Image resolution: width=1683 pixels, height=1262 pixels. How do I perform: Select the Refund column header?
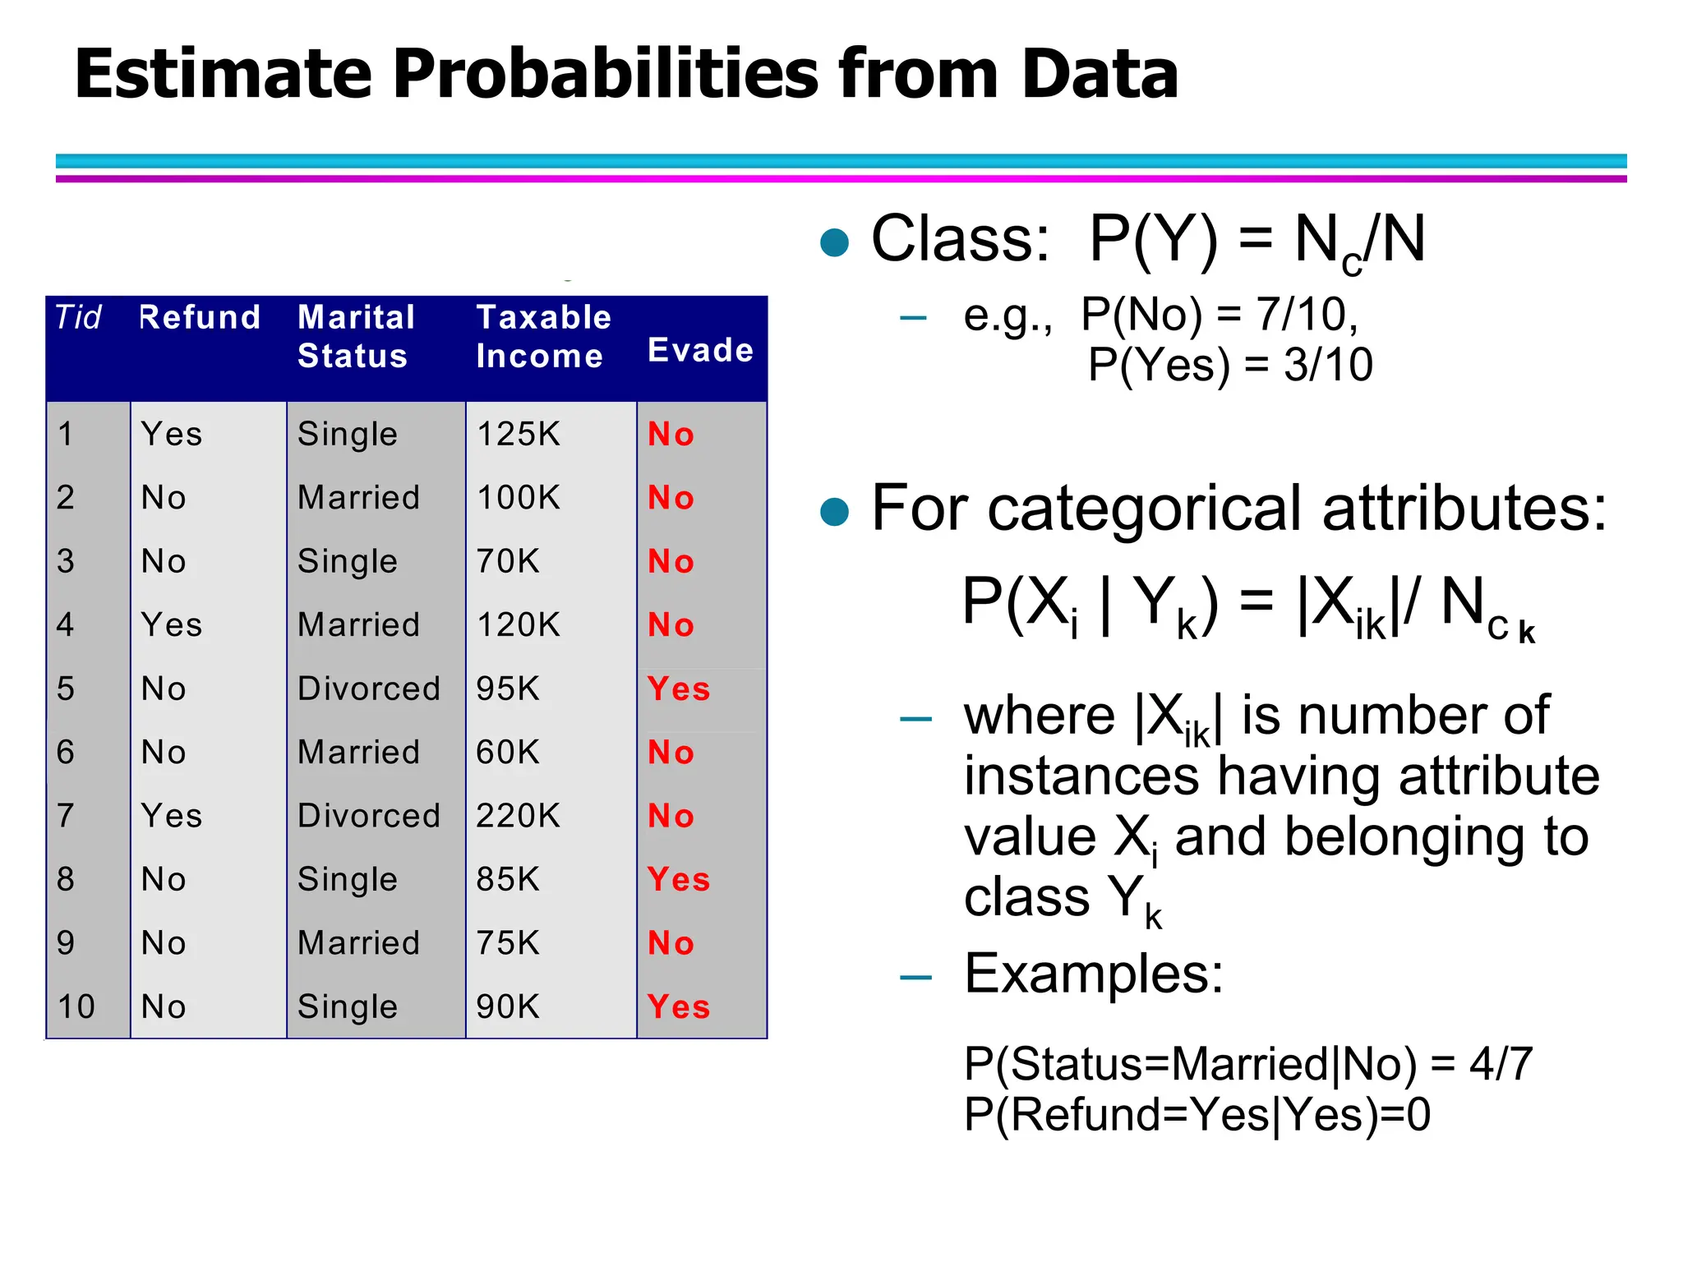pyautogui.click(x=200, y=317)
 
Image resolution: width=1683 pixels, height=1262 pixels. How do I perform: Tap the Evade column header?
pyautogui.click(x=700, y=350)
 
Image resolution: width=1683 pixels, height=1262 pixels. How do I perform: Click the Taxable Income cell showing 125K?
pyautogui.click(x=519, y=434)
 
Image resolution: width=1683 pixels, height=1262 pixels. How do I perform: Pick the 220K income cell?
pyautogui.click(x=519, y=816)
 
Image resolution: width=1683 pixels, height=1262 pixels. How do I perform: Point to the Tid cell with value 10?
pyautogui.click(x=76, y=1006)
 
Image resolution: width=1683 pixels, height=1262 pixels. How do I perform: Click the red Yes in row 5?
pyautogui.click(x=678, y=689)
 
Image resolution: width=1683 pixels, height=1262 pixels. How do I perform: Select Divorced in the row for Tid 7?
pyautogui.click(x=369, y=816)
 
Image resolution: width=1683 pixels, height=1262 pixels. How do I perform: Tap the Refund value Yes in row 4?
pyautogui.click(x=171, y=624)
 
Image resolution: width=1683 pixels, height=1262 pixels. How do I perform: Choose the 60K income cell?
pyautogui.click(x=508, y=752)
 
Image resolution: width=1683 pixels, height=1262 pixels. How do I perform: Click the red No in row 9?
pyautogui.click(x=671, y=943)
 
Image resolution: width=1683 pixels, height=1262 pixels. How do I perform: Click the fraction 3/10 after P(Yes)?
pyautogui.click(x=1328, y=365)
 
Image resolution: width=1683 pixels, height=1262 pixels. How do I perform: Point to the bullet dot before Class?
pyautogui.click(x=834, y=242)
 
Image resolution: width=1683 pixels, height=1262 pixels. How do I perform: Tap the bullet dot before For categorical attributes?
pyautogui.click(x=834, y=511)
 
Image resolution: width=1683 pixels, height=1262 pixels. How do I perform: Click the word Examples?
pyautogui.click(x=1093, y=974)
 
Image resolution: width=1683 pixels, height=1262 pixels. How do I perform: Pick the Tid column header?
pyautogui.click(x=78, y=317)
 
